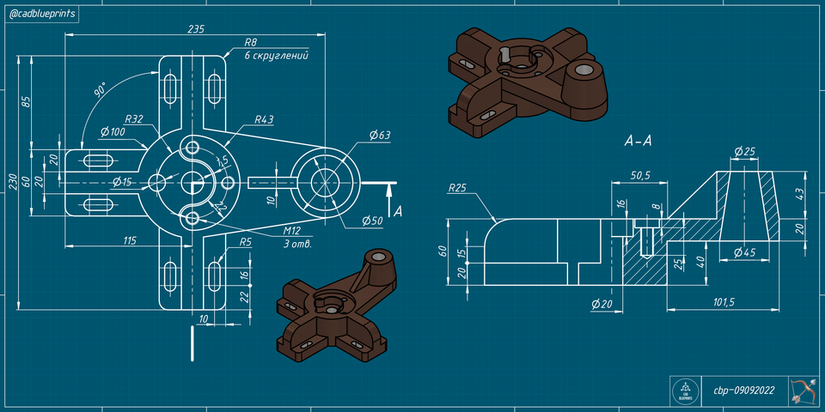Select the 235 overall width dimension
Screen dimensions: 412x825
coord(195,28)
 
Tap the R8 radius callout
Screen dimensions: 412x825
coord(251,42)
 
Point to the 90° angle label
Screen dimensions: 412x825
coord(100,91)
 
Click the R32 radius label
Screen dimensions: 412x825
coord(133,118)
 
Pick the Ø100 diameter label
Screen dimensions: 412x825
coord(113,132)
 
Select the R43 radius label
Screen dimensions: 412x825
coord(264,119)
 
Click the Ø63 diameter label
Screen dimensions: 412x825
coord(379,135)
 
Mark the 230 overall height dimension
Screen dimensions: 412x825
coord(12,182)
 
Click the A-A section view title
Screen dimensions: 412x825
coord(638,141)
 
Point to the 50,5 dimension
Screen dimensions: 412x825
coord(639,175)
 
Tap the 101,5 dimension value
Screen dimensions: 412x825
coord(724,302)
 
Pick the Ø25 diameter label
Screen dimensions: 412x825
coord(743,152)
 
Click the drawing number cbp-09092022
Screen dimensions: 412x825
coord(743,391)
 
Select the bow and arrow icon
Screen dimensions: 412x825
coord(803,390)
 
